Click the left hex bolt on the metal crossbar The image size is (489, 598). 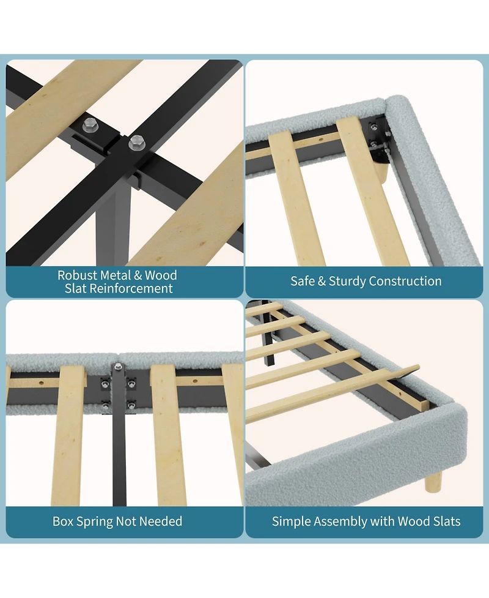point(89,125)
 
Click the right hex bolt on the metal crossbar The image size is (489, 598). point(136,143)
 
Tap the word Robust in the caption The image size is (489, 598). point(77,275)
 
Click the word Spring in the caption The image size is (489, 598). point(94,521)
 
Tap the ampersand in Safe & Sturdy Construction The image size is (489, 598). point(322,281)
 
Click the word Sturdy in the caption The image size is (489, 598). point(347,282)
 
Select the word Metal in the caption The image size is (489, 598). point(116,275)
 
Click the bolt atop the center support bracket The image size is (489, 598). point(118,367)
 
